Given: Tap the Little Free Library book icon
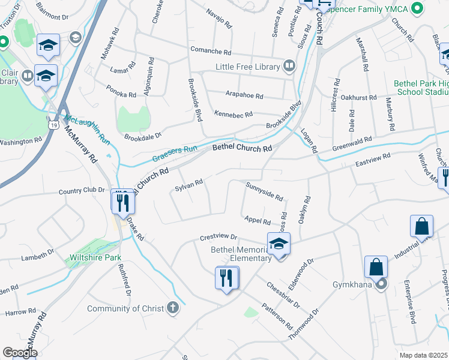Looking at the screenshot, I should [289, 66].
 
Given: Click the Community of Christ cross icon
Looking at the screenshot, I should [173, 308].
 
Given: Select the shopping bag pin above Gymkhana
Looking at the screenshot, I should [376, 268].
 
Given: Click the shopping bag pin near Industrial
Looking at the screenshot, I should [421, 227].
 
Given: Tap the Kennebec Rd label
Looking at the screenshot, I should [234, 114].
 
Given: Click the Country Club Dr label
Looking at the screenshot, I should [82, 191].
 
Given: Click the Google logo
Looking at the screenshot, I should [20, 353].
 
